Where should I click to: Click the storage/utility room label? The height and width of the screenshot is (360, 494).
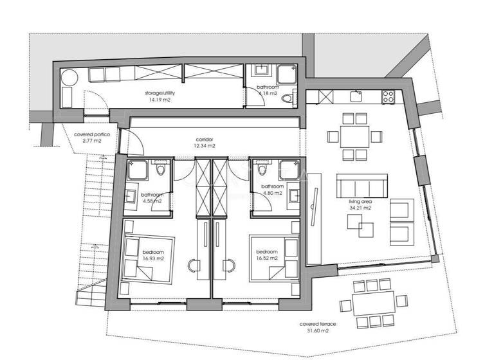tap(160, 93)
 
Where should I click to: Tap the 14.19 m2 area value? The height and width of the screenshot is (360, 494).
tap(160, 100)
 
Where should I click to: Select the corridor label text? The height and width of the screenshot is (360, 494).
tap(205, 139)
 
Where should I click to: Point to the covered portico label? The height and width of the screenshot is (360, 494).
tap(92, 134)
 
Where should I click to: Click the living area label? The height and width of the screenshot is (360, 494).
tap(360, 201)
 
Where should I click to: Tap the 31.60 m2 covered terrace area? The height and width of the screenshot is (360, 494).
tap(318, 330)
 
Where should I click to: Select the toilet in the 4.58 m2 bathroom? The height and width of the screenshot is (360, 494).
tap(161, 168)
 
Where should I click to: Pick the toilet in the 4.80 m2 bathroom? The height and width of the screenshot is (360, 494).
tap(262, 168)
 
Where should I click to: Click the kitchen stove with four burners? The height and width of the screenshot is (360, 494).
tap(388, 96)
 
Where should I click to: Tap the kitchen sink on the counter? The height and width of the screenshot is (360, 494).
tap(356, 96)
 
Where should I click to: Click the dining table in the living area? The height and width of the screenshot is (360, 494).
tap(355, 137)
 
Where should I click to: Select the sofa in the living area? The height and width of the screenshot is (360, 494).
tap(361, 186)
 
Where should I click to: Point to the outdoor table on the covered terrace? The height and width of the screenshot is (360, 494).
tap(374, 303)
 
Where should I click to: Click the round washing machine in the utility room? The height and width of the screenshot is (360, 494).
tap(69, 78)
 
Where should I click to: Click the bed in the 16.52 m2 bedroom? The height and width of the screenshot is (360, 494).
tap(274, 258)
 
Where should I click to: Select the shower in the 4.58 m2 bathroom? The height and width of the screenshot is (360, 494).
tap(138, 170)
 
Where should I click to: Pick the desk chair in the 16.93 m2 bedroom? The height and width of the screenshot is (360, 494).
tap(194, 265)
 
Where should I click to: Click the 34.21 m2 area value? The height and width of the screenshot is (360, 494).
tap(360, 208)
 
